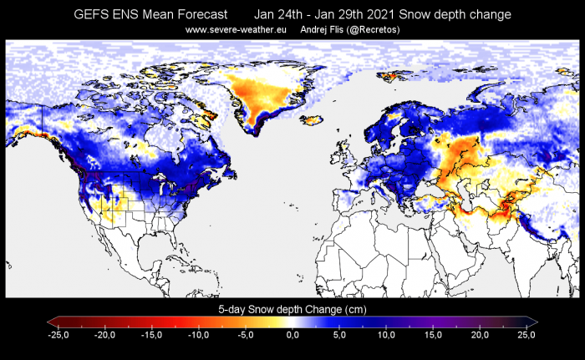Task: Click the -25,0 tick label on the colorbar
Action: click(58, 334)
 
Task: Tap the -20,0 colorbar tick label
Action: click(105, 334)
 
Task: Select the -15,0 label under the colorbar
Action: click(152, 334)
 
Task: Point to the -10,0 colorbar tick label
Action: click(199, 334)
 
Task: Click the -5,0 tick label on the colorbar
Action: click(246, 334)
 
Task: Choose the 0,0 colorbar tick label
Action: click(292, 334)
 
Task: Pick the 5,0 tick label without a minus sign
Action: click(339, 334)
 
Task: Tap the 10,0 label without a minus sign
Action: click(386, 334)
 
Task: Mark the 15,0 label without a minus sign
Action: click(433, 334)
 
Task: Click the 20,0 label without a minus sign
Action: click(480, 334)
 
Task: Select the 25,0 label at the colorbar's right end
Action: click(526, 334)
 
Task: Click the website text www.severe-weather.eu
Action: click(236, 31)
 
